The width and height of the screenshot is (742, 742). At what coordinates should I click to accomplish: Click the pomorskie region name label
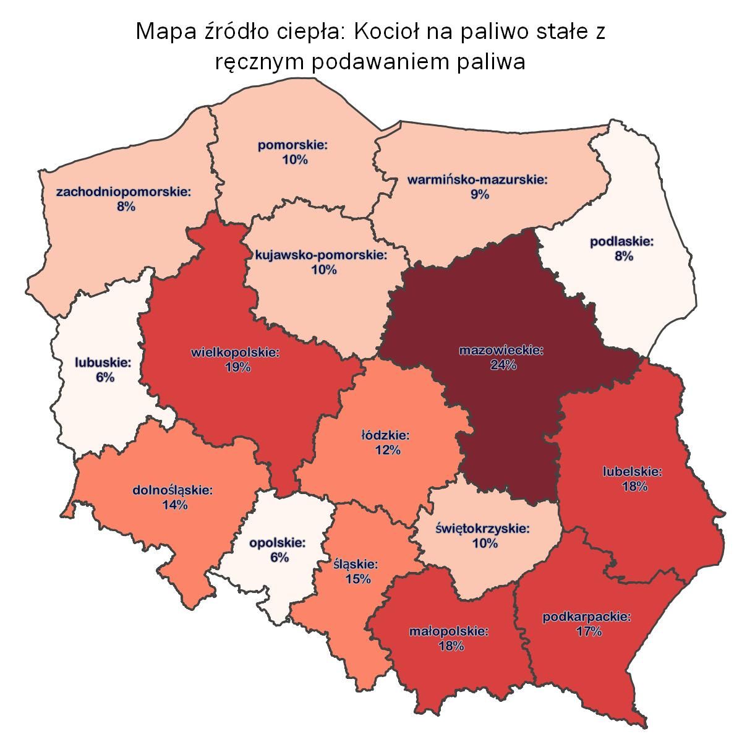[292, 146]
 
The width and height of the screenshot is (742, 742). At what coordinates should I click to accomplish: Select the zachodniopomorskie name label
[124, 192]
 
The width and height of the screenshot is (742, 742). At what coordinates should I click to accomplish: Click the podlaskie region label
[623, 241]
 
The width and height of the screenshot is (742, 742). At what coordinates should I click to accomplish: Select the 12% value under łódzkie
[388, 451]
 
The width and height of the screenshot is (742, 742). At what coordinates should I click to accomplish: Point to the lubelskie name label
[633, 472]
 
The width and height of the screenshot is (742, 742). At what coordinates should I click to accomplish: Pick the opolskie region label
[278, 543]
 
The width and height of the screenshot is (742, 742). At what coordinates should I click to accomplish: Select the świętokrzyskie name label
[483, 529]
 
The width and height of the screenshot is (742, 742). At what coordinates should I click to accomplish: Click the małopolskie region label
[449, 632]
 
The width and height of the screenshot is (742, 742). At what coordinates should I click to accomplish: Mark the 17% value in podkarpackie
[588, 631]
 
